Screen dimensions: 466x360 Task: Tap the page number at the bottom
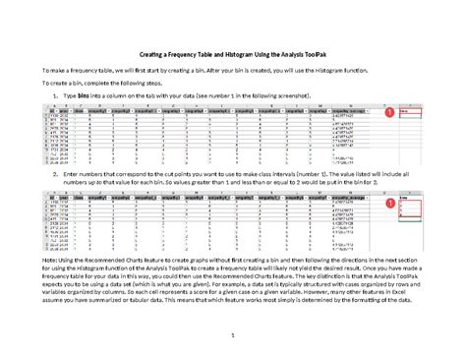point(233,336)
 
